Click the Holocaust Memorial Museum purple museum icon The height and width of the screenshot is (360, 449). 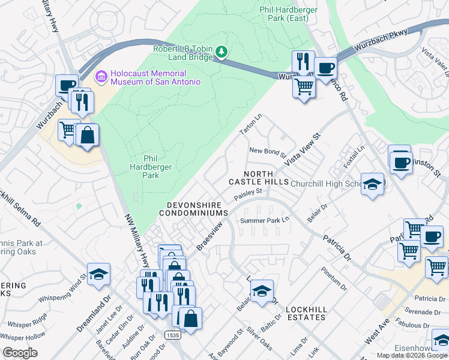pos(101,76)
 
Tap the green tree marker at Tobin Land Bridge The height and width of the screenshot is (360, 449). pos(222,52)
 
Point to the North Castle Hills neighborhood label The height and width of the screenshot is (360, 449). pos(258,177)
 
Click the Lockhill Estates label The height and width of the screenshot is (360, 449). pos(306,314)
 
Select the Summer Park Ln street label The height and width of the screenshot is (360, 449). pos(265,221)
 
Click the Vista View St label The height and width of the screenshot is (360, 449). pos(304,150)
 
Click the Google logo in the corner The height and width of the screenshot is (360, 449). pos(20,353)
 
